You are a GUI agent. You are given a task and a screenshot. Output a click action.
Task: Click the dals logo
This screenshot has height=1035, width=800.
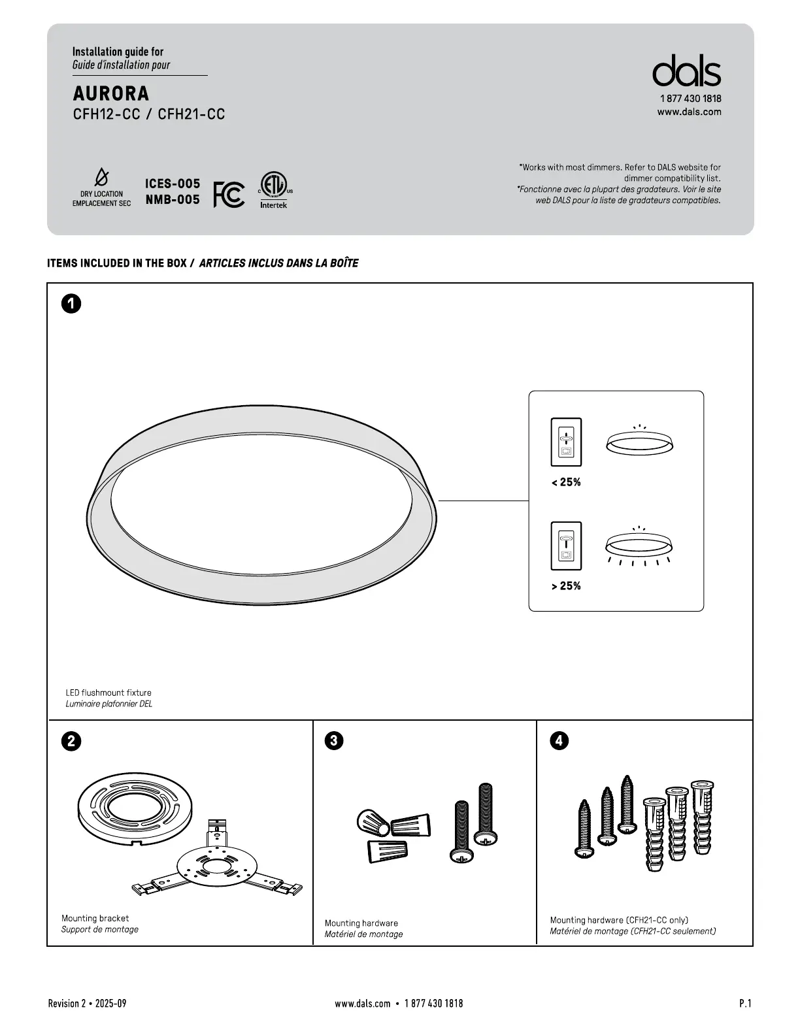tap(686, 71)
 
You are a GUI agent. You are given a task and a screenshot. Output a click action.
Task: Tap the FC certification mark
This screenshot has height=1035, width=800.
tap(229, 194)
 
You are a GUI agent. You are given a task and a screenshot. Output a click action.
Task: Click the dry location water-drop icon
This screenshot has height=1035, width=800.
tap(101, 176)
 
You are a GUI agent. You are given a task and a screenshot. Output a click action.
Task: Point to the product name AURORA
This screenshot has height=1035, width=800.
tap(111, 93)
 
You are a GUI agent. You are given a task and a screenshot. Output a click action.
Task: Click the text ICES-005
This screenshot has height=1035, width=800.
tap(173, 184)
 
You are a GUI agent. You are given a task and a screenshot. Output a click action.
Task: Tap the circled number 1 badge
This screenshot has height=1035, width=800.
tap(71, 303)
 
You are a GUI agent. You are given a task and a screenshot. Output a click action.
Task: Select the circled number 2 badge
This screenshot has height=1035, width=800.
tap(71, 741)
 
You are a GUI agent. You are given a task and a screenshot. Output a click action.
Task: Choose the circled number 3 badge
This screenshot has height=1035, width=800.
tap(334, 740)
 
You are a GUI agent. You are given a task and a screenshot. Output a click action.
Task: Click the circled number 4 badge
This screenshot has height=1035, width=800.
tap(559, 740)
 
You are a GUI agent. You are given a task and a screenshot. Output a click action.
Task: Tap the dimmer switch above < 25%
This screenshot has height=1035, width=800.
tap(566, 442)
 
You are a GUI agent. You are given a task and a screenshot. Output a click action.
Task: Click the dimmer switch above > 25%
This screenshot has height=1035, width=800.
tap(566, 546)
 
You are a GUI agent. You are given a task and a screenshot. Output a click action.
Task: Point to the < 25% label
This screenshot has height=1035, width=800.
tap(566, 482)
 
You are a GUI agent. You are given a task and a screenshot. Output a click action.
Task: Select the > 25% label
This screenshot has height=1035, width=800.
tap(566, 586)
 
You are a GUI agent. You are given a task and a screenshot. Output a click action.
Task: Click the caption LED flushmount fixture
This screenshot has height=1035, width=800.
tap(108, 693)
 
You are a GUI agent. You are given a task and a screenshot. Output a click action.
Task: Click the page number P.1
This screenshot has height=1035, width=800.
tap(745, 1003)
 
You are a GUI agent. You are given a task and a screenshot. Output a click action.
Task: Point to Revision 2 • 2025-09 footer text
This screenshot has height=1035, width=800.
tap(87, 1003)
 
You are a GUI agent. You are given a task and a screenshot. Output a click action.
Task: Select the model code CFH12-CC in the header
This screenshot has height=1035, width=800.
tap(107, 114)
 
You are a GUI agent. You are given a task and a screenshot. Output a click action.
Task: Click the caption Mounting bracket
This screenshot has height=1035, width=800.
tap(95, 918)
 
